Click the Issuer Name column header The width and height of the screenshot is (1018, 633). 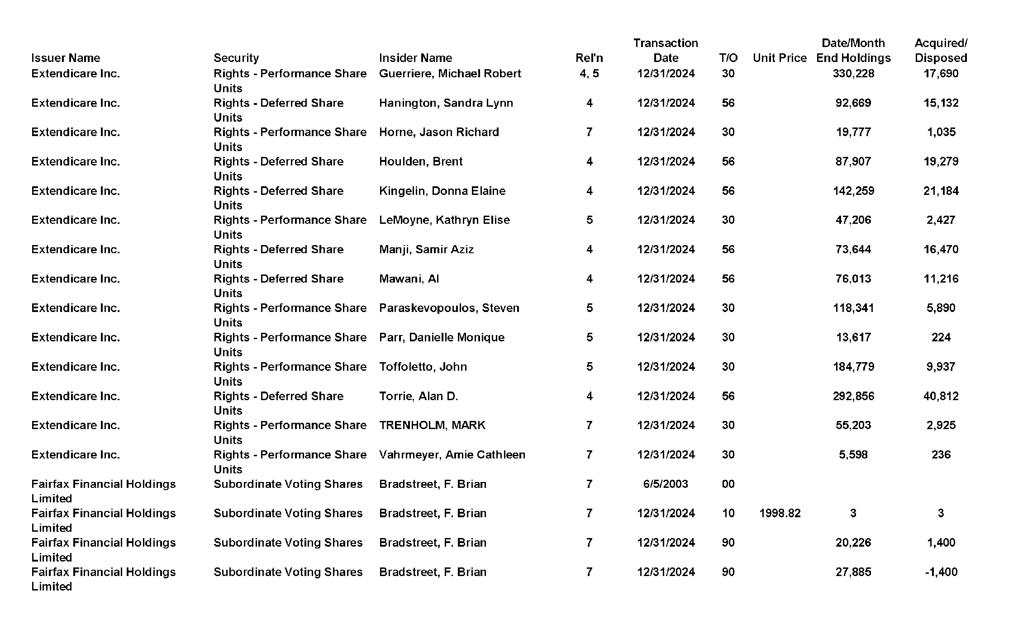[x=66, y=58]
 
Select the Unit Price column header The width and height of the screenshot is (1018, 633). [x=780, y=58]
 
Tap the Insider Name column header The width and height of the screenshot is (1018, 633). [x=415, y=58]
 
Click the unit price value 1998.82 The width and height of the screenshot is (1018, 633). [x=780, y=513]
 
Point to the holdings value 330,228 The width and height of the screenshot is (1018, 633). [x=853, y=74]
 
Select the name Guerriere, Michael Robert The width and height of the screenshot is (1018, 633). [x=450, y=74]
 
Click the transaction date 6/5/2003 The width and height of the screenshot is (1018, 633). [x=665, y=484]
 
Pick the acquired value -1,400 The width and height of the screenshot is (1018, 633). [x=941, y=572]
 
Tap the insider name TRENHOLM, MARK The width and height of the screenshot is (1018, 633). [x=432, y=425]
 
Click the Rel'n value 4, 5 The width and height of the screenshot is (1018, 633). [x=589, y=74]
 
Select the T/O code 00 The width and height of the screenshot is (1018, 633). [x=728, y=484]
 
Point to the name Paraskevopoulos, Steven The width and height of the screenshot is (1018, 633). [x=449, y=308]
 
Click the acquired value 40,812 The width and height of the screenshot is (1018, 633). [x=941, y=396]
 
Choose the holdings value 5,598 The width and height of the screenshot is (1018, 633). [x=853, y=454]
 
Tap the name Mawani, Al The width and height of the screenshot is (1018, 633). [x=409, y=279]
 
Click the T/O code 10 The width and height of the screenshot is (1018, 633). [x=728, y=513]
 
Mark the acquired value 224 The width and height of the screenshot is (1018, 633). [x=941, y=337]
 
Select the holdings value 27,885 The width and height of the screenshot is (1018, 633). [x=853, y=572]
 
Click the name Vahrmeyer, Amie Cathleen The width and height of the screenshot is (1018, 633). [x=452, y=454]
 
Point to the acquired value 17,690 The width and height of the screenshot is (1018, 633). [x=941, y=74]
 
